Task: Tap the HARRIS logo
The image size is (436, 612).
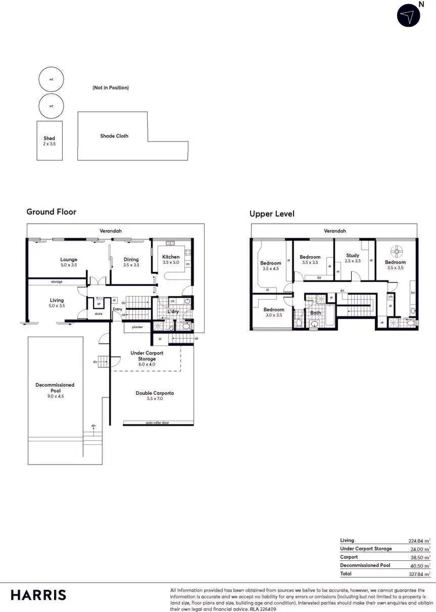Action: [38, 595]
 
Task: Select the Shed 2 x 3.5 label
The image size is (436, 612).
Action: [49, 141]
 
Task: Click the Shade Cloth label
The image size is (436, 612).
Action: [115, 136]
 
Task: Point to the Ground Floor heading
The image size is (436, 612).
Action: [51, 212]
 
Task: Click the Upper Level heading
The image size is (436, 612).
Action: [272, 214]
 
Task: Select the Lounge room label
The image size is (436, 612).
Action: [69, 262]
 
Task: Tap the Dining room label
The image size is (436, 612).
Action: [130, 262]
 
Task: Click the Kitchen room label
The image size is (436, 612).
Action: [171, 260]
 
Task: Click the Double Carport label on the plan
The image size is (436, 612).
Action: [155, 396]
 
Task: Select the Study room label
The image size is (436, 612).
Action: [352, 258]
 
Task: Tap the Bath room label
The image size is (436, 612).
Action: [315, 313]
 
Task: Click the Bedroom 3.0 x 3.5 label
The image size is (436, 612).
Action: [273, 312]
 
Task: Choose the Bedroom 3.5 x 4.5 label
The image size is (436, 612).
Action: [271, 266]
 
